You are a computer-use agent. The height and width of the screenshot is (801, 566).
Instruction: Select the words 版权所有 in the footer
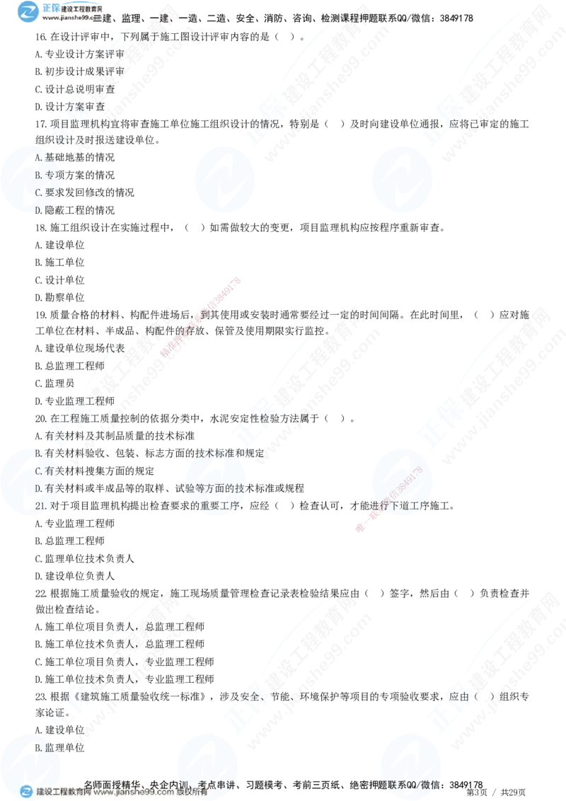192,793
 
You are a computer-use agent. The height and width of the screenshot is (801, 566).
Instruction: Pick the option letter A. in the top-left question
39,157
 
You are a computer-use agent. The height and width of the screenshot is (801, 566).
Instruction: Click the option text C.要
45,192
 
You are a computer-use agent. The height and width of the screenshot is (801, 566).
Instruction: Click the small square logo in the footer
26,793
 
